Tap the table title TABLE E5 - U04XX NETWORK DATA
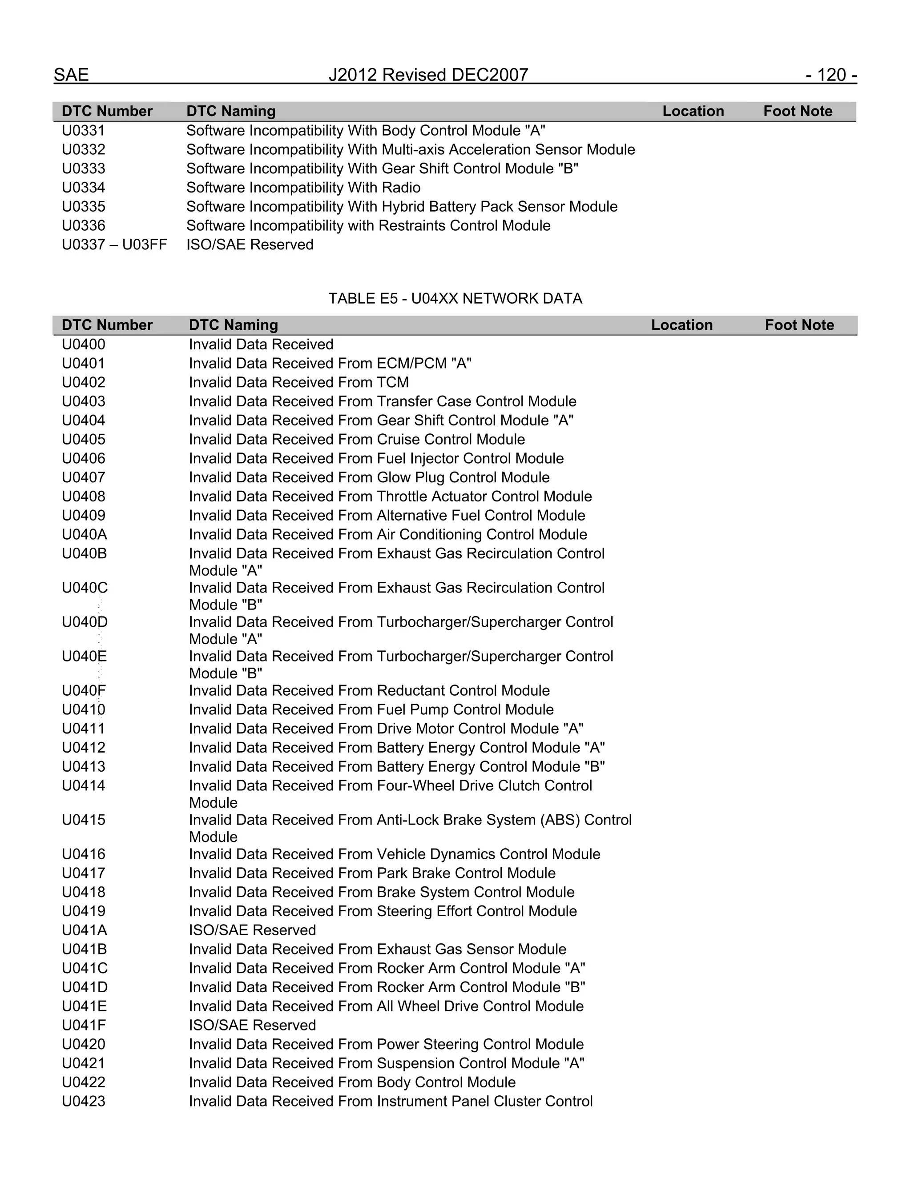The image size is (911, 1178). point(455,298)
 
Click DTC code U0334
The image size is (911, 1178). point(84,187)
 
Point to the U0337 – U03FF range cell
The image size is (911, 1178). point(114,244)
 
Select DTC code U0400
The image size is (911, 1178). point(84,344)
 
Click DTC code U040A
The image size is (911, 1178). point(84,534)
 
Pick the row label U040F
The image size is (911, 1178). point(84,690)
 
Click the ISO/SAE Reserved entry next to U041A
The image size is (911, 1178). point(252,930)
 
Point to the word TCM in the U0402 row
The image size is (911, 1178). point(393,382)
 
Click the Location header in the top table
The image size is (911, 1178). point(693,111)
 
